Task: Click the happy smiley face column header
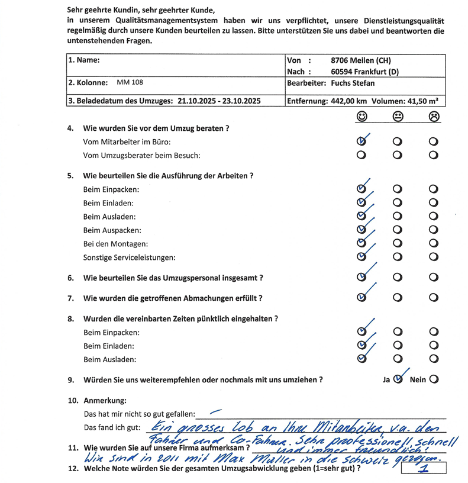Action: coord(362,117)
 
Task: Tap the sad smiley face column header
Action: coord(434,117)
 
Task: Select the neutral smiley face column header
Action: coord(398,117)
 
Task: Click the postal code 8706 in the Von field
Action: coord(343,60)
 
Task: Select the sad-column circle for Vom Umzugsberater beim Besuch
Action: coord(434,156)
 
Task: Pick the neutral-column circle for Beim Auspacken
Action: coord(398,230)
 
